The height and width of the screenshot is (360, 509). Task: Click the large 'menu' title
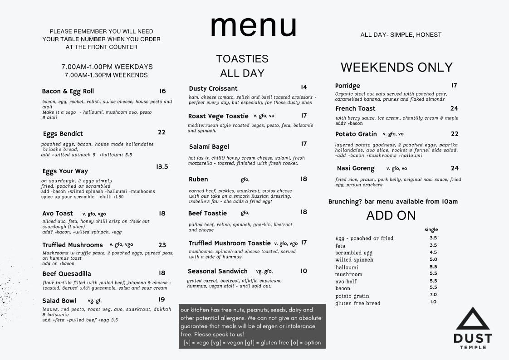[254, 26]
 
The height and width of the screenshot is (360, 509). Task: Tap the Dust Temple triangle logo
[473, 319]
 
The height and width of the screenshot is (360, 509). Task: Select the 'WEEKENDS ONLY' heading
[396, 67]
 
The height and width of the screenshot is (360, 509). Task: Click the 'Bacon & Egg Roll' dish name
[68, 91]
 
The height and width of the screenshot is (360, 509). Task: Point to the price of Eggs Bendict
[162, 132]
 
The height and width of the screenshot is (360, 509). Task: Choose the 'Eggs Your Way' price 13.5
[162, 166]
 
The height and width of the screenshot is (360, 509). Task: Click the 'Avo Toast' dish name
[58, 214]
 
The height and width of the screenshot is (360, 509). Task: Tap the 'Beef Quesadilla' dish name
[67, 273]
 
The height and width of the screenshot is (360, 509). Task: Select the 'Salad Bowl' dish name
[59, 301]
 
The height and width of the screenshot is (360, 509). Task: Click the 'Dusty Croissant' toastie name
[213, 88]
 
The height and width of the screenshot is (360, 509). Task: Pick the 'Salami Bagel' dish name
[209, 146]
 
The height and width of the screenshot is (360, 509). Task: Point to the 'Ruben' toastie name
[198, 179]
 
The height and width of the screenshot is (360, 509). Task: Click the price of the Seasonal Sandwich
[303, 271]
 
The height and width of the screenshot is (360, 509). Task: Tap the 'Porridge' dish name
[347, 86]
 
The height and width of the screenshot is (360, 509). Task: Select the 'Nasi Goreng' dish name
[356, 168]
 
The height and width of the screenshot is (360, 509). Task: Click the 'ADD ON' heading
[391, 215]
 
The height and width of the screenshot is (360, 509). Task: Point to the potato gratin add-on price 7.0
[433, 295]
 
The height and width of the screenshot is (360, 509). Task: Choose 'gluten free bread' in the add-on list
[358, 303]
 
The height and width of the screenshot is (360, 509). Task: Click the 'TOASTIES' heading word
[242, 59]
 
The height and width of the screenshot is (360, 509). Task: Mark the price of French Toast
[454, 108]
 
